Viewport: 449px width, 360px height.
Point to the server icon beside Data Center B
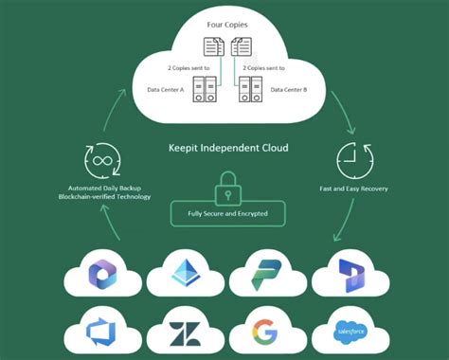[x=249, y=90]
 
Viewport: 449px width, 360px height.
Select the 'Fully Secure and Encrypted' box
[x=226, y=212]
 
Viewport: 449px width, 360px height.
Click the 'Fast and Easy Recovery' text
[x=354, y=189]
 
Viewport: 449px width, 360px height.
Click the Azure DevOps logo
[x=99, y=332]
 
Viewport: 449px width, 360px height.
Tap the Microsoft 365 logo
[x=101, y=274]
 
